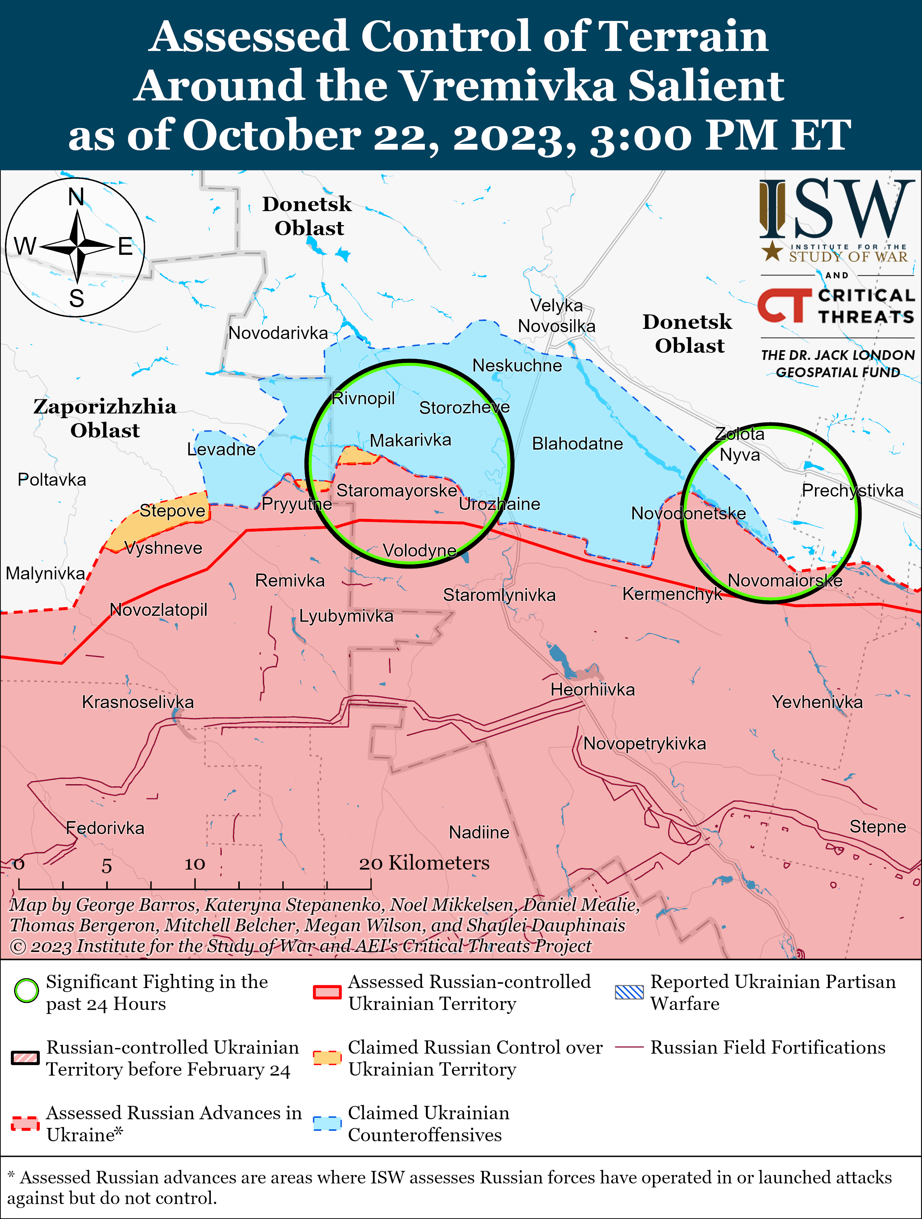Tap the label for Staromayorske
(x=397, y=490)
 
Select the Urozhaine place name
(x=499, y=504)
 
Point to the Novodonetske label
(x=688, y=514)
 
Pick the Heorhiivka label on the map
(x=593, y=690)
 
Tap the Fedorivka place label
(x=105, y=828)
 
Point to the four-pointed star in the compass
(x=78, y=248)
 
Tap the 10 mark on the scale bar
(x=195, y=864)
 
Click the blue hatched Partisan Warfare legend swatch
(x=629, y=992)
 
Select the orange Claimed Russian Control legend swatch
(x=327, y=1057)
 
